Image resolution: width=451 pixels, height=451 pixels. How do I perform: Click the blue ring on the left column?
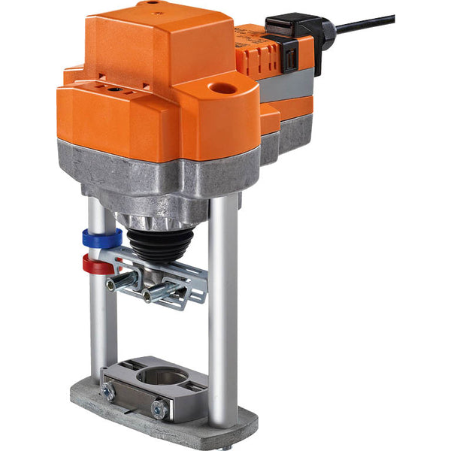coord(102,239)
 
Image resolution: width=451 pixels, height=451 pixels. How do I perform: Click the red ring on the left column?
coord(96,264)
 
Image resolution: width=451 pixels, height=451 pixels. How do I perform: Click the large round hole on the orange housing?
coord(222,89)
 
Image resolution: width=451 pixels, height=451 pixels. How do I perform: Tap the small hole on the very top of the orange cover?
coord(154,3)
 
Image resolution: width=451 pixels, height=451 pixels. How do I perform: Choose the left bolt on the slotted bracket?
coord(120,283)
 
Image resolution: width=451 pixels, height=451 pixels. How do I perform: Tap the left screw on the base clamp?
coord(109,392)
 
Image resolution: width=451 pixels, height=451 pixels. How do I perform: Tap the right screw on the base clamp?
coord(159,409)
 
